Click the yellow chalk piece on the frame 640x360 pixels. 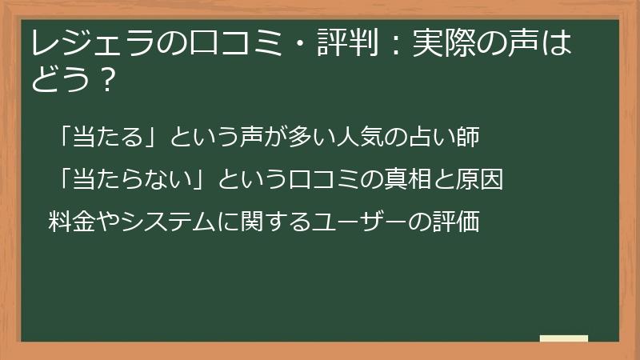[564, 338]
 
